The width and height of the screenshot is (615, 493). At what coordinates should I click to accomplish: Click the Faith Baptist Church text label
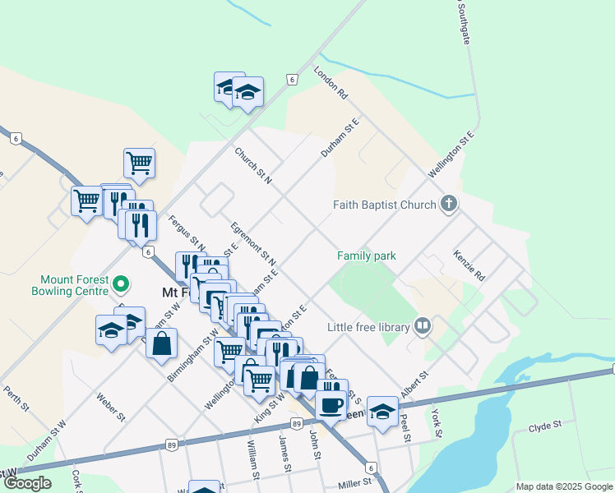point(384,205)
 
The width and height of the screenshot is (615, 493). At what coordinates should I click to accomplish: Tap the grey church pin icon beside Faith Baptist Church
point(448,203)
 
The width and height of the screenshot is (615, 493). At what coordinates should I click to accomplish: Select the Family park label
point(367,256)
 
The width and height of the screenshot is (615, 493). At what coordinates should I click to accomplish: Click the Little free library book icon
point(423,326)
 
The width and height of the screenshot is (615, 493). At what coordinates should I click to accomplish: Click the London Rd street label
point(331,84)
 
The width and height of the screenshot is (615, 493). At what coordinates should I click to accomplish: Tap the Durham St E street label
point(340,139)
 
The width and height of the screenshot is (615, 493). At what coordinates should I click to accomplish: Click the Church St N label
point(252,165)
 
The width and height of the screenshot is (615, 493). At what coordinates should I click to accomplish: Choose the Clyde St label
point(544,426)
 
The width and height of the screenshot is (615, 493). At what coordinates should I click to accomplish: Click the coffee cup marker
point(332,403)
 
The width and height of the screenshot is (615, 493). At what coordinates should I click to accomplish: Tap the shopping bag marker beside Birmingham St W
point(162,343)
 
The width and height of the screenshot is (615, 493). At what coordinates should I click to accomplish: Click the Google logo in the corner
point(27,483)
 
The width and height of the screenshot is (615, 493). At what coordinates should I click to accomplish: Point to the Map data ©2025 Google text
point(564,486)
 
